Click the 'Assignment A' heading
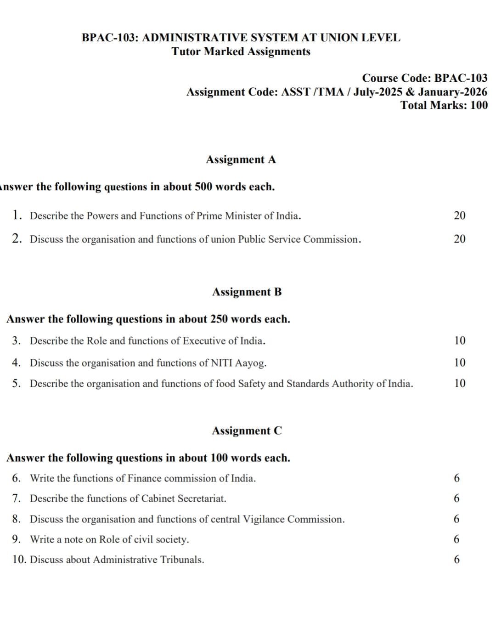[x=241, y=159]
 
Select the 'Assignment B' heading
[x=247, y=292]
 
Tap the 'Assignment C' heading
[x=247, y=430]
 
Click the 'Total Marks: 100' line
[x=444, y=105]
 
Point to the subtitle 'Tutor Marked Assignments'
[x=241, y=51]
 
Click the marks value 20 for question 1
[x=459, y=215]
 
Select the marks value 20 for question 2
[x=459, y=238]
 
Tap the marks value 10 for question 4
[x=459, y=362]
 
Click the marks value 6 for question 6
[x=457, y=478]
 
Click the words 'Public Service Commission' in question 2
[x=299, y=239]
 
